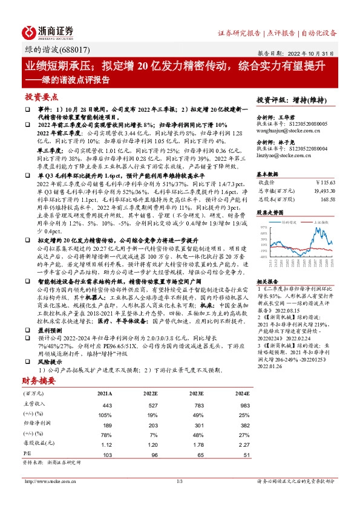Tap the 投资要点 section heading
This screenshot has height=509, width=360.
point(41,97)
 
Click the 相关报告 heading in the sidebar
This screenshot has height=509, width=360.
point(267,282)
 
